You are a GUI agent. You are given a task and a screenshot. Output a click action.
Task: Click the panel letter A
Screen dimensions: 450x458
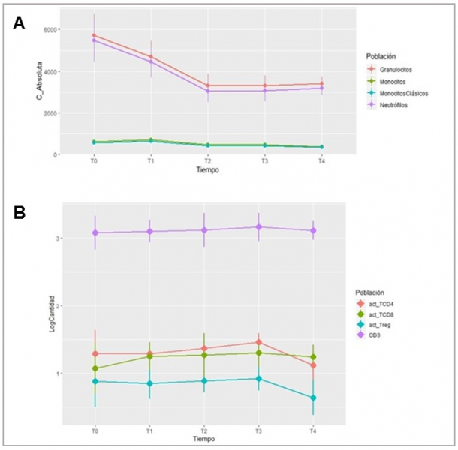[20, 24]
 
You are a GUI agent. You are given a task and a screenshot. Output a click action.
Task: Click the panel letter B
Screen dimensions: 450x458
[20, 212]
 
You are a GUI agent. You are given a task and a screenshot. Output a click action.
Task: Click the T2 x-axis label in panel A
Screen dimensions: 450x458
[208, 161]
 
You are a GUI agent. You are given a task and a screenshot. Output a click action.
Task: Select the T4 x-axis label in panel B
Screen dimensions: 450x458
[312, 431]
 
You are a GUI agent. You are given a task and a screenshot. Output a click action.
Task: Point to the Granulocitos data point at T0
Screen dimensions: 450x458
[95, 35]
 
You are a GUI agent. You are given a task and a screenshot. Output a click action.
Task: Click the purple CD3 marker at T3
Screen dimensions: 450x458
[258, 226]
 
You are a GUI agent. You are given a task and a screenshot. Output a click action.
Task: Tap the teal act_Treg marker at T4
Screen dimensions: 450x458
[312, 397]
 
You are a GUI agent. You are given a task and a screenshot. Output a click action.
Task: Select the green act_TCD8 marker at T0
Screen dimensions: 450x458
[95, 368]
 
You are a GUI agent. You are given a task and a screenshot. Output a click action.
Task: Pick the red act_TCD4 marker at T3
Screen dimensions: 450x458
[258, 342]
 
